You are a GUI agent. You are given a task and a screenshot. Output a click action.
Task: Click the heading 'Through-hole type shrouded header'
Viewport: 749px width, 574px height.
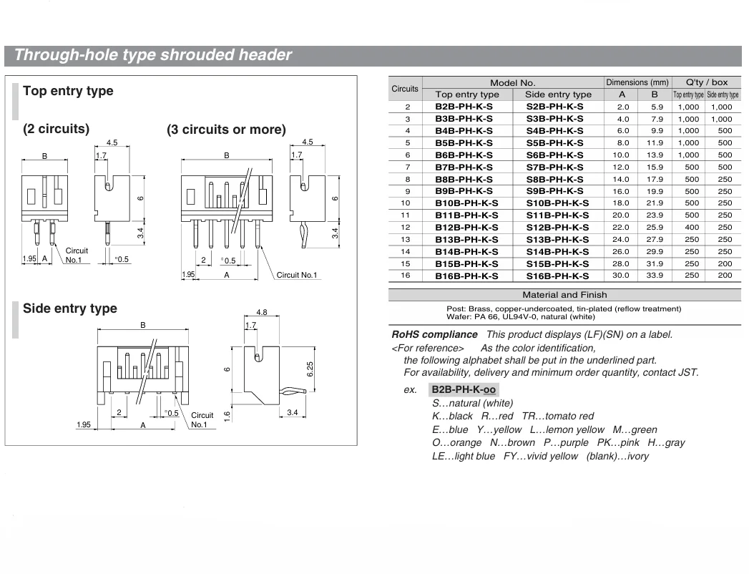point(153,55)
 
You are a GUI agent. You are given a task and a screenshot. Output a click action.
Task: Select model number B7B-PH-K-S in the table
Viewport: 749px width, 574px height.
point(464,167)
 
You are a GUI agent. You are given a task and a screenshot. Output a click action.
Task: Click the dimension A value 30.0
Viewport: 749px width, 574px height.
point(622,276)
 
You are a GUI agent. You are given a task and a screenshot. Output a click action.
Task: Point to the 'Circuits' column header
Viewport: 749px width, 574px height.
point(405,89)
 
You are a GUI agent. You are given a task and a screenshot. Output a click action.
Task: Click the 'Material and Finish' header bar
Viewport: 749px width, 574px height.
point(564,295)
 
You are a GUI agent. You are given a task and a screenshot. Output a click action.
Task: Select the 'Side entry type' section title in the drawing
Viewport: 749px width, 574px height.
point(70,308)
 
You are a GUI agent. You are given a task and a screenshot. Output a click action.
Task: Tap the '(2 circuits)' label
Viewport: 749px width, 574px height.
point(57,130)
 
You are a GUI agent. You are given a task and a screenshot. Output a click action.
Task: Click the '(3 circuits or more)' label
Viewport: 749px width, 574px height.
point(226,130)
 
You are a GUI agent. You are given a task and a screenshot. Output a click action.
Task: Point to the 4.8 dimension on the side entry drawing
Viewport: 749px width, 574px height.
point(261,313)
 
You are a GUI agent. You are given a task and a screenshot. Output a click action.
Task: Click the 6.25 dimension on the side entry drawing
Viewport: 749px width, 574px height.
point(310,368)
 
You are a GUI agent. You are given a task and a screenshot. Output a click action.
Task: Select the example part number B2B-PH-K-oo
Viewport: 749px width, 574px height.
point(464,390)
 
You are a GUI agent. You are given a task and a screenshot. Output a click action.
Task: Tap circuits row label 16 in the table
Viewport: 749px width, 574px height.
point(405,276)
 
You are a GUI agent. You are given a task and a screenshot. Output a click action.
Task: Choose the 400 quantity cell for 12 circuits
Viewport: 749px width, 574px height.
point(688,227)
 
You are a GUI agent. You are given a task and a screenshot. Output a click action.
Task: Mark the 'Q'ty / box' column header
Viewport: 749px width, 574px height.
point(706,83)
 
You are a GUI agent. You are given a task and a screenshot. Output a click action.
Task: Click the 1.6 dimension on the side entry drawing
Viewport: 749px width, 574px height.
point(227,416)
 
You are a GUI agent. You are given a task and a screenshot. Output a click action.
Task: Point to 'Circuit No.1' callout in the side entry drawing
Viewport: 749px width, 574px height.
point(202,420)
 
